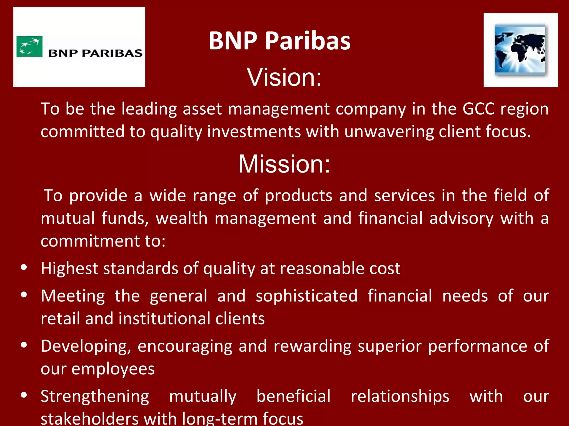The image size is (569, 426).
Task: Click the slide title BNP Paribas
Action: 279,41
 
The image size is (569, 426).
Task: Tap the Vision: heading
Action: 284,77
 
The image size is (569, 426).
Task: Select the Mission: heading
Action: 284,164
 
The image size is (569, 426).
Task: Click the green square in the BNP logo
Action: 29,47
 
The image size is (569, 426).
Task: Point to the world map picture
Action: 520,50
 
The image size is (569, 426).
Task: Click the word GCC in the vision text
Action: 478,109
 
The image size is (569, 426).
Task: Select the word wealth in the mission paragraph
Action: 182,218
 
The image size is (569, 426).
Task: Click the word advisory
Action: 461,218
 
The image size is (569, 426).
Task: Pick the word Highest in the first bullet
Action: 69,268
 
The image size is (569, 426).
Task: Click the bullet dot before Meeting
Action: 24,295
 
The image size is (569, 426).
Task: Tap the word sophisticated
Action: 306,296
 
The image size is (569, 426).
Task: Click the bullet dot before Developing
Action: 24,345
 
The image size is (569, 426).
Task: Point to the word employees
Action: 113,369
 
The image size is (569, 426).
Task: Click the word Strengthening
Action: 95,396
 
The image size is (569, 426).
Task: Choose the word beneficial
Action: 293,396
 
